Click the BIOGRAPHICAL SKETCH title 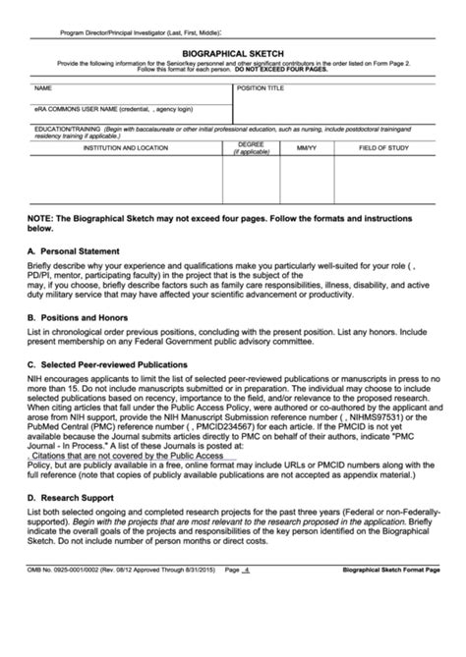pos(232,57)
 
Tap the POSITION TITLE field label pos(262,87)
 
